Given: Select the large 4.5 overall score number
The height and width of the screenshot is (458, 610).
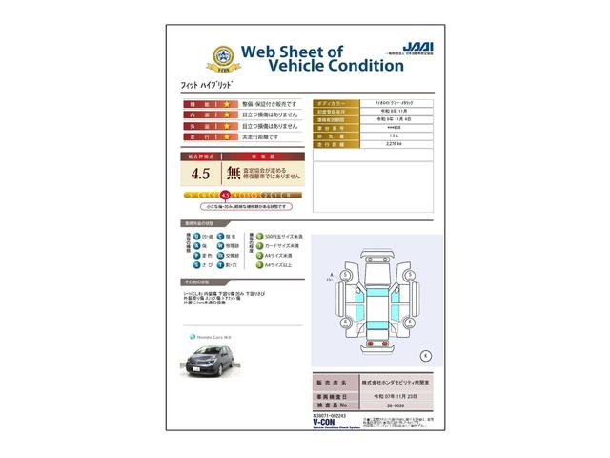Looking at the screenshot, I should pos(200,174).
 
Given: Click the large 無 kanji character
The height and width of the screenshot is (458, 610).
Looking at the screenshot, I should pos(233,174).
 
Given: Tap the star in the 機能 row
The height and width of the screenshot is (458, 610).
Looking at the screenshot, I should pos(227,103).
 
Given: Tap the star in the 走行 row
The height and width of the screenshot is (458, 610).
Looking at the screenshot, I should pos(227,137).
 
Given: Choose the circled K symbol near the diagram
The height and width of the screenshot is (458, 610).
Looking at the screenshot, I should pos(425,355).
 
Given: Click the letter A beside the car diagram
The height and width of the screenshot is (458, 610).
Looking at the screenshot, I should pos(329,276).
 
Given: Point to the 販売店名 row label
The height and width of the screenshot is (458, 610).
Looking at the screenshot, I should pos(333,380).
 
